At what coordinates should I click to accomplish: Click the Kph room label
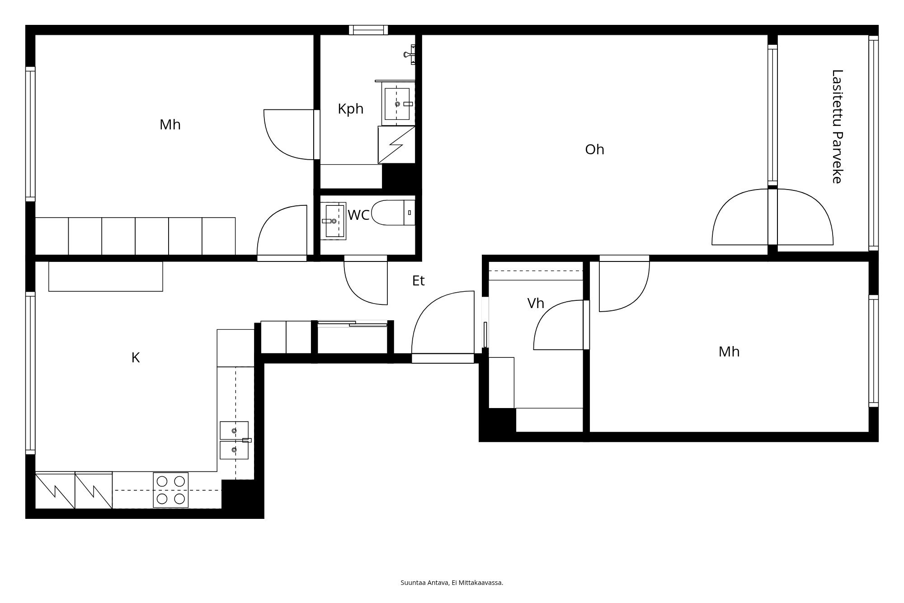coord(350,109)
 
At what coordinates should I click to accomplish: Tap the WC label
coord(358,215)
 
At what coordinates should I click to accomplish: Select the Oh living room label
coord(594,150)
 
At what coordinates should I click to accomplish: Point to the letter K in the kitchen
coord(136,358)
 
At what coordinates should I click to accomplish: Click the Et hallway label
coord(418,281)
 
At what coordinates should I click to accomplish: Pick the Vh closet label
coord(536,304)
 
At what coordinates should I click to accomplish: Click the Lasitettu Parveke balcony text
coord(837,127)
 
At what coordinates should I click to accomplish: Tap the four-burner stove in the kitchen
coord(170,490)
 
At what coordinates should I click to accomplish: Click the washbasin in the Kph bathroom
coord(398,104)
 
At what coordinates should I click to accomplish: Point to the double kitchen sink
coord(234,440)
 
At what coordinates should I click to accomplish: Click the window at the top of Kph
coord(368,30)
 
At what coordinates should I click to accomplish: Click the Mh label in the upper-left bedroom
coord(170,125)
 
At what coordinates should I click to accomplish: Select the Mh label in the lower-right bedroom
coord(729,352)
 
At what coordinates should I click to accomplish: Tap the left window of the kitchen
coord(30,373)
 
